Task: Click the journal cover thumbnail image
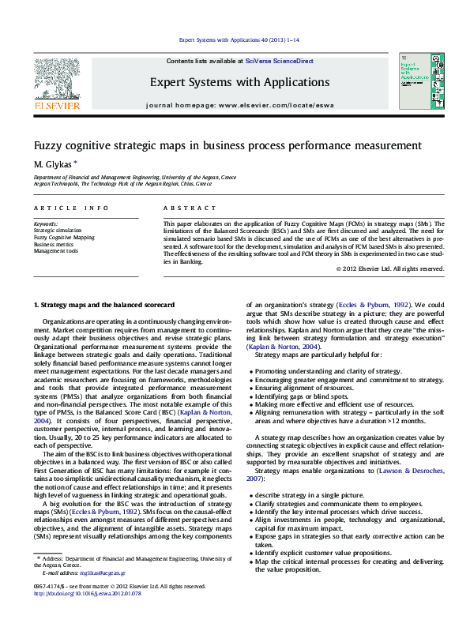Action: (x=415, y=82)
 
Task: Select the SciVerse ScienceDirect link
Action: (x=279, y=61)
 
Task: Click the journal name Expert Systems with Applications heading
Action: (x=239, y=82)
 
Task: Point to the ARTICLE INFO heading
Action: (x=71, y=208)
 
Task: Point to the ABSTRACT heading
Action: (x=190, y=208)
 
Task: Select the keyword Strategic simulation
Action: (x=58, y=231)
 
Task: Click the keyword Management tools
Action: (x=55, y=251)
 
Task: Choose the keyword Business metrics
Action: (x=53, y=244)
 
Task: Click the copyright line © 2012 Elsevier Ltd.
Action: (x=390, y=268)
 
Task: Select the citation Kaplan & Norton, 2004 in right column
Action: (x=283, y=346)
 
